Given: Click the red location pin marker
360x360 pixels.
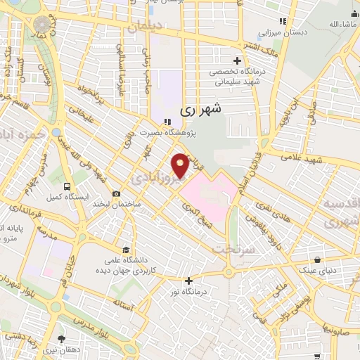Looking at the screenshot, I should click(181, 164).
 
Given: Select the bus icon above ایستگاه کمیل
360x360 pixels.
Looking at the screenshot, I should click(67, 187).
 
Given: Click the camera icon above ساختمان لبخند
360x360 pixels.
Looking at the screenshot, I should click(116, 194).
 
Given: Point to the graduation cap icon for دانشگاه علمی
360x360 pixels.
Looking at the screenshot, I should click(125, 249).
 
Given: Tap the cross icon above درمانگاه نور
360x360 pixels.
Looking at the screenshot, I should click(188, 280).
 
